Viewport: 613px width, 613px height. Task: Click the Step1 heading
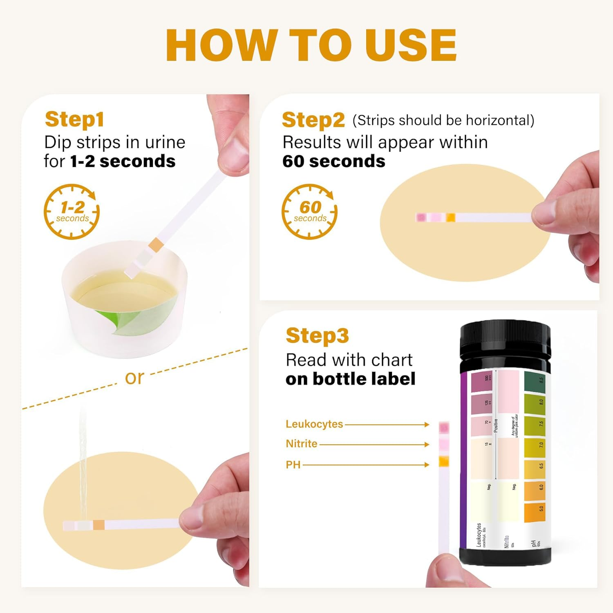[74, 119]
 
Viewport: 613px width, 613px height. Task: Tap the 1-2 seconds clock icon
[72, 212]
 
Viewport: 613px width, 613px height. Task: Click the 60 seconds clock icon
[310, 212]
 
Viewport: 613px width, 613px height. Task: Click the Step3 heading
[317, 336]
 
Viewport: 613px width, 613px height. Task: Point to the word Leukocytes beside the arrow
[314, 424]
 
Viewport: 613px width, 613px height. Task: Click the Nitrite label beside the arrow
[302, 444]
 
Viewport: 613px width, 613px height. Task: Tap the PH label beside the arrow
[293, 465]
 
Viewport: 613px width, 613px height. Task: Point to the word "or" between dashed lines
[134, 378]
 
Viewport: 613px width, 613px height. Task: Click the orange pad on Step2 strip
[450, 217]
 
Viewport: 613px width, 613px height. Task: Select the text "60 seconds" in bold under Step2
[333, 161]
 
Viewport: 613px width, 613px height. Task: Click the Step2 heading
[313, 120]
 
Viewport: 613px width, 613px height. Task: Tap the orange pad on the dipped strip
[156, 245]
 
